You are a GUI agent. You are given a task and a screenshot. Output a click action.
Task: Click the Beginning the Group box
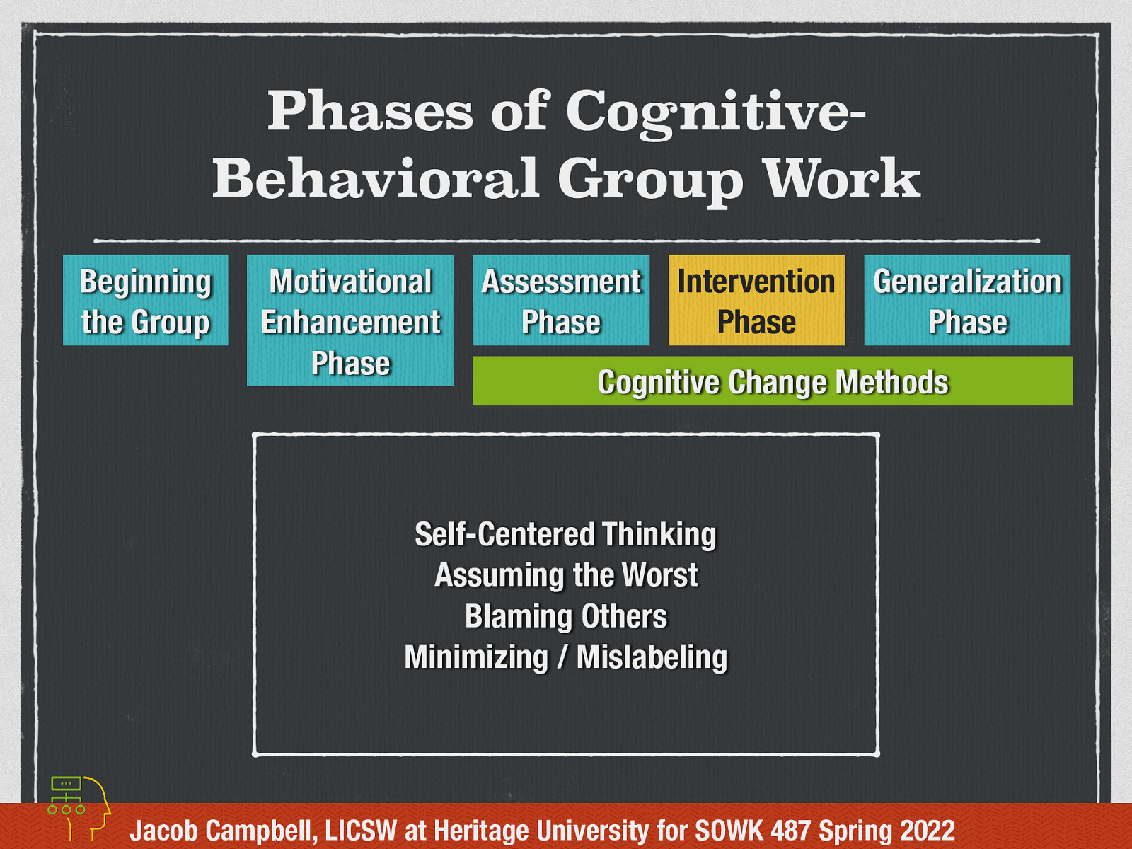click(x=145, y=301)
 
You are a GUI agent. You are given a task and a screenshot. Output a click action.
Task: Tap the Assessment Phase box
click(x=561, y=301)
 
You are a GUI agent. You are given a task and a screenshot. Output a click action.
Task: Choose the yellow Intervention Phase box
click(x=756, y=301)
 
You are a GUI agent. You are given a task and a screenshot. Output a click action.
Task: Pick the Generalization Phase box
click(x=967, y=301)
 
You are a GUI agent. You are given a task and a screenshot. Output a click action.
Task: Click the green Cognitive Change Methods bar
click(x=773, y=381)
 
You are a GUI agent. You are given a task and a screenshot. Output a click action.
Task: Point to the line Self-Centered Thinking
click(x=565, y=534)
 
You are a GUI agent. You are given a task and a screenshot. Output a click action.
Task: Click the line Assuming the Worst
click(x=566, y=574)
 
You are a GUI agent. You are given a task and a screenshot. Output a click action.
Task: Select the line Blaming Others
click(x=566, y=616)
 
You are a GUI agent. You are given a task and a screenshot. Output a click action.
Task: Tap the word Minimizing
click(x=476, y=657)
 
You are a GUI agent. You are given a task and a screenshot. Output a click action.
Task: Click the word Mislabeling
click(x=652, y=657)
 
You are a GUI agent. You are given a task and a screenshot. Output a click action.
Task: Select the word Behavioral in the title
click(x=376, y=178)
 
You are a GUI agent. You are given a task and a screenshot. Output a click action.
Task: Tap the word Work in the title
click(x=842, y=178)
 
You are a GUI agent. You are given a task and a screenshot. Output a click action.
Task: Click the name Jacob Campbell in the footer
click(x=224, y=831)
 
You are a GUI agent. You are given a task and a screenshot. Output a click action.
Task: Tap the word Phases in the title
click(x=370, y=111)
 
